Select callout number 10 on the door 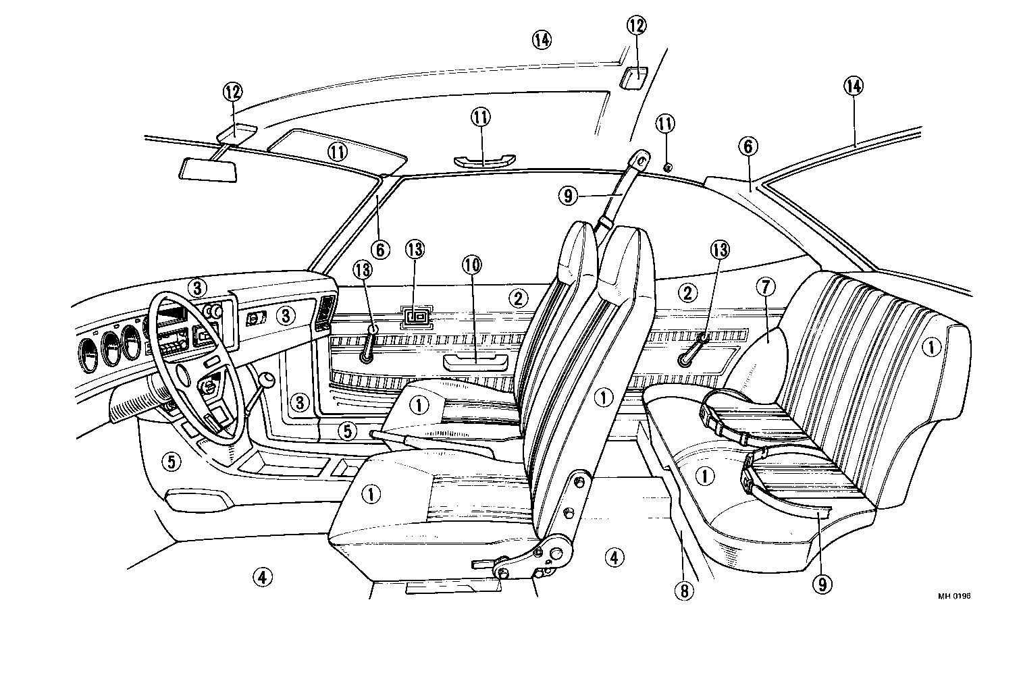point(473,265)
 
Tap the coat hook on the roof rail point(668,167)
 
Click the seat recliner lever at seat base point(488,562)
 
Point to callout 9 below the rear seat point(822,584)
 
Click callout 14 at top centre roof point(541,40)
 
